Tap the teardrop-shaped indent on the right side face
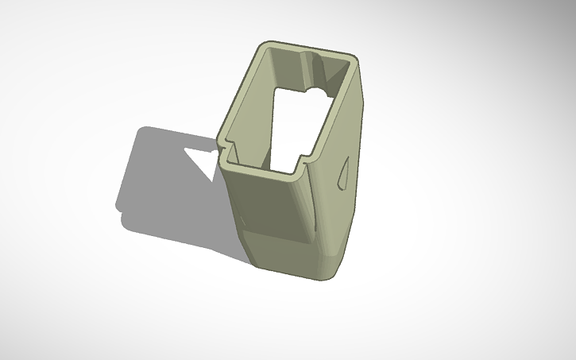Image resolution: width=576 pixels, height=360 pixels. (344, 172)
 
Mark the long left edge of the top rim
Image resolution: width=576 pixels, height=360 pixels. (241, 95)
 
